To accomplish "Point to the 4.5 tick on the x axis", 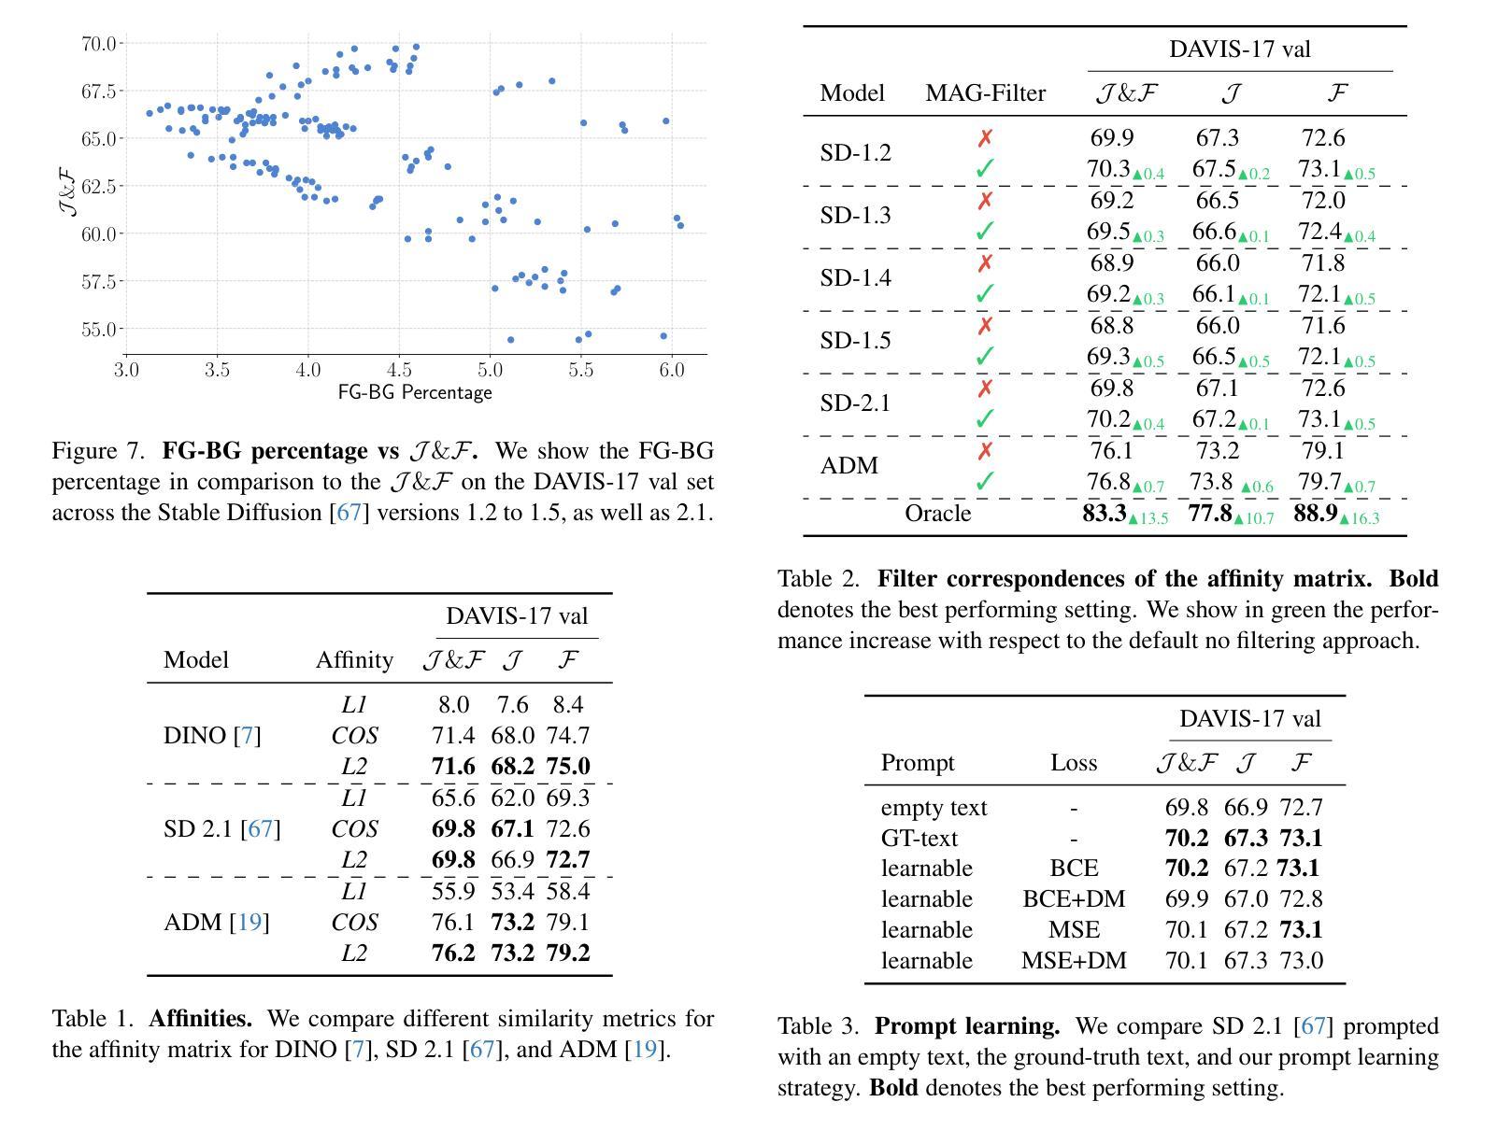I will tap(398, 370).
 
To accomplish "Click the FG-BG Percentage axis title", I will tap(414, 392).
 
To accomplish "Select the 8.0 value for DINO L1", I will tap(453, 705).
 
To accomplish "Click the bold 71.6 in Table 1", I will tap(453, 767).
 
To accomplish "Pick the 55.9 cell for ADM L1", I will tap(453, 892).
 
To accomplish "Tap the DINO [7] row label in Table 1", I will tap(212, 736).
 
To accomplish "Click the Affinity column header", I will tap(354, 660).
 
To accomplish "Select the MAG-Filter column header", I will tap(985, 93).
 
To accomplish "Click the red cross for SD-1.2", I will tap(985, 138).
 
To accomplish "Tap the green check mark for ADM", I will tap(985, 482).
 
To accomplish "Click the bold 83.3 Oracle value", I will tap(1105, 514).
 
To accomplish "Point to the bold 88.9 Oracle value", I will tap(1316, 514).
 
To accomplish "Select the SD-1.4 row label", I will tap(855, 278).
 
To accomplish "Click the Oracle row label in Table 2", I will tap(937, 514).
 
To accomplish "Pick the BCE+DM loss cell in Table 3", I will tap(1074, 899).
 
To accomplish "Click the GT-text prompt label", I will tap(919, 839).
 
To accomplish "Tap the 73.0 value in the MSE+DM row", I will tap(1301, 961).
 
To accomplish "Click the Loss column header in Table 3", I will tap(1073, 763).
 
